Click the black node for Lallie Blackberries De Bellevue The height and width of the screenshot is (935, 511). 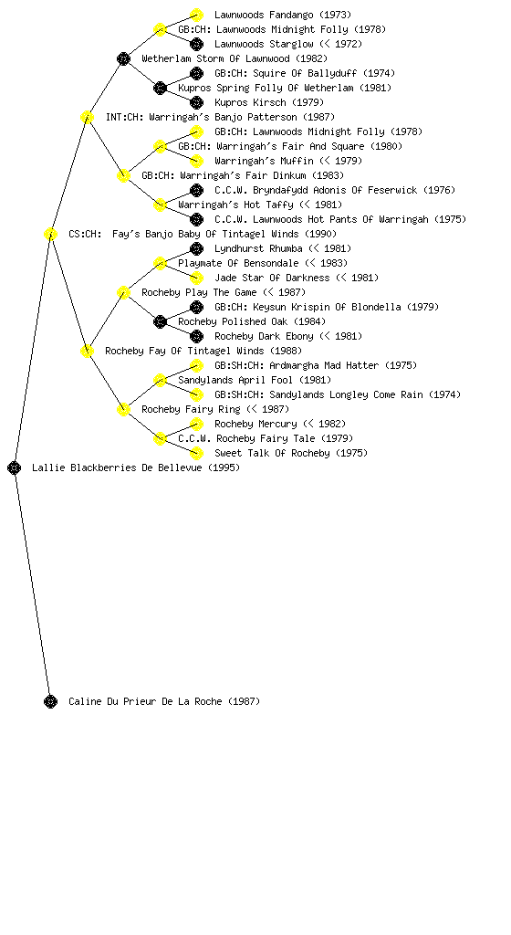tap(15, 467)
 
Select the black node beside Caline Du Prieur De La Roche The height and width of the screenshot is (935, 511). tap(50, 701)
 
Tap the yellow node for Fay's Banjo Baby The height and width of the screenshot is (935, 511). tap(50, 234)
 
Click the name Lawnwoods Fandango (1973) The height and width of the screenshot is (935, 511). tap(283, 15)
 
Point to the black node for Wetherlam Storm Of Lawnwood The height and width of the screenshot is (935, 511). tap(123, 58)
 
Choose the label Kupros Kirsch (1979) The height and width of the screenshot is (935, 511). tap(269, 102)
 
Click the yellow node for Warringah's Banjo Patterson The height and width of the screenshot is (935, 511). tap(87, 117)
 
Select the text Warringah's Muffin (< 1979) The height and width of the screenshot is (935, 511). tap(288, 161)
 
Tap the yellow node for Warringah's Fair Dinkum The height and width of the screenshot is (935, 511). tap(123, 175)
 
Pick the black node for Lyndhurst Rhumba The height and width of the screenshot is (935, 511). tap(196, 248)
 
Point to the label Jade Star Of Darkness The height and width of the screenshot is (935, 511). tap(272, 278)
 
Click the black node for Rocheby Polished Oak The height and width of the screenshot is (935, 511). tap(160, 321)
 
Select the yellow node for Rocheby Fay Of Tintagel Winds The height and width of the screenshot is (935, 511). tap(87, 351)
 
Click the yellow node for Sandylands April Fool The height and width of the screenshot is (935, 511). tap(160, 380)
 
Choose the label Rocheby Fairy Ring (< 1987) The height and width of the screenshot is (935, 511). tap(215, 409)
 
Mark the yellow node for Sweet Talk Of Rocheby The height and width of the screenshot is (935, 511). tap(196, 453)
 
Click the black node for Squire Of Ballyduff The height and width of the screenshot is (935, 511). tap(196, 73)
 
